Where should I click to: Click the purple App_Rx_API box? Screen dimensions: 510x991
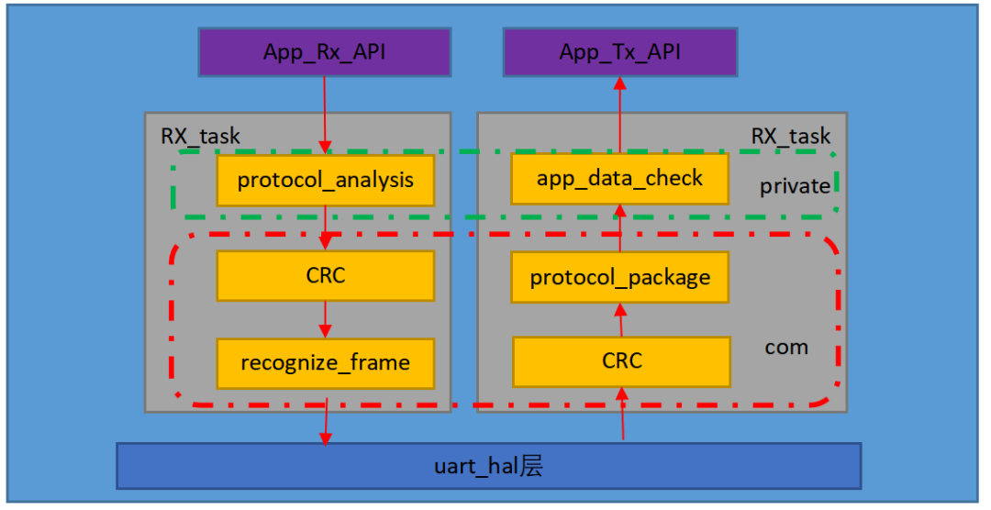[325, 52]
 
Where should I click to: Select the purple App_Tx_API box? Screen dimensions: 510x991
[619, 52]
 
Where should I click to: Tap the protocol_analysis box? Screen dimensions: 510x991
[325, 180]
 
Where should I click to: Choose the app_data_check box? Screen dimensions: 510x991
[619, 178]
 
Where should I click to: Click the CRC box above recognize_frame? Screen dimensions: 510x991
[325, 275]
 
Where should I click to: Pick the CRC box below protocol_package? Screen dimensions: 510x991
[621, 361]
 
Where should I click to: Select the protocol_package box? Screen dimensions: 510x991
[619, 277]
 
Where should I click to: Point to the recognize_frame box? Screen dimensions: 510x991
[325, 362]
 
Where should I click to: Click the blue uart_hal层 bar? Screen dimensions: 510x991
[488, 466]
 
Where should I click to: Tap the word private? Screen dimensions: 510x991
[795, 186]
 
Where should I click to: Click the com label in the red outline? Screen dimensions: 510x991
[786, 347]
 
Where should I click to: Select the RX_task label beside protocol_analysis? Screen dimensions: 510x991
[201, 137]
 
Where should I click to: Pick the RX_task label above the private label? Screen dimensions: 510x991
[791, 137]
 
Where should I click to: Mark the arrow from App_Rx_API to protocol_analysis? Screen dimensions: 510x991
[325, 115]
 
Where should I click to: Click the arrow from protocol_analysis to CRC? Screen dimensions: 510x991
[326, 227]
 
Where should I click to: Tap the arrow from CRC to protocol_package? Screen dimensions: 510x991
[621, 319]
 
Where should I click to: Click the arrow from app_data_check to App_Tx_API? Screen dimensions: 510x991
[619, 115]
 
